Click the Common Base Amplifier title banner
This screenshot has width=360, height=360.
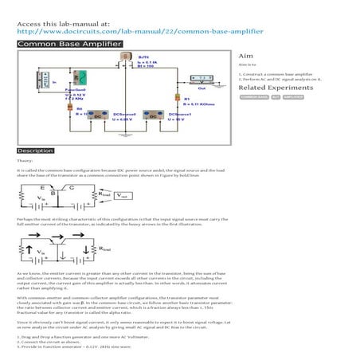click(68, 44)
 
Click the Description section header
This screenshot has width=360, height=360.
click(36, 150)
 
